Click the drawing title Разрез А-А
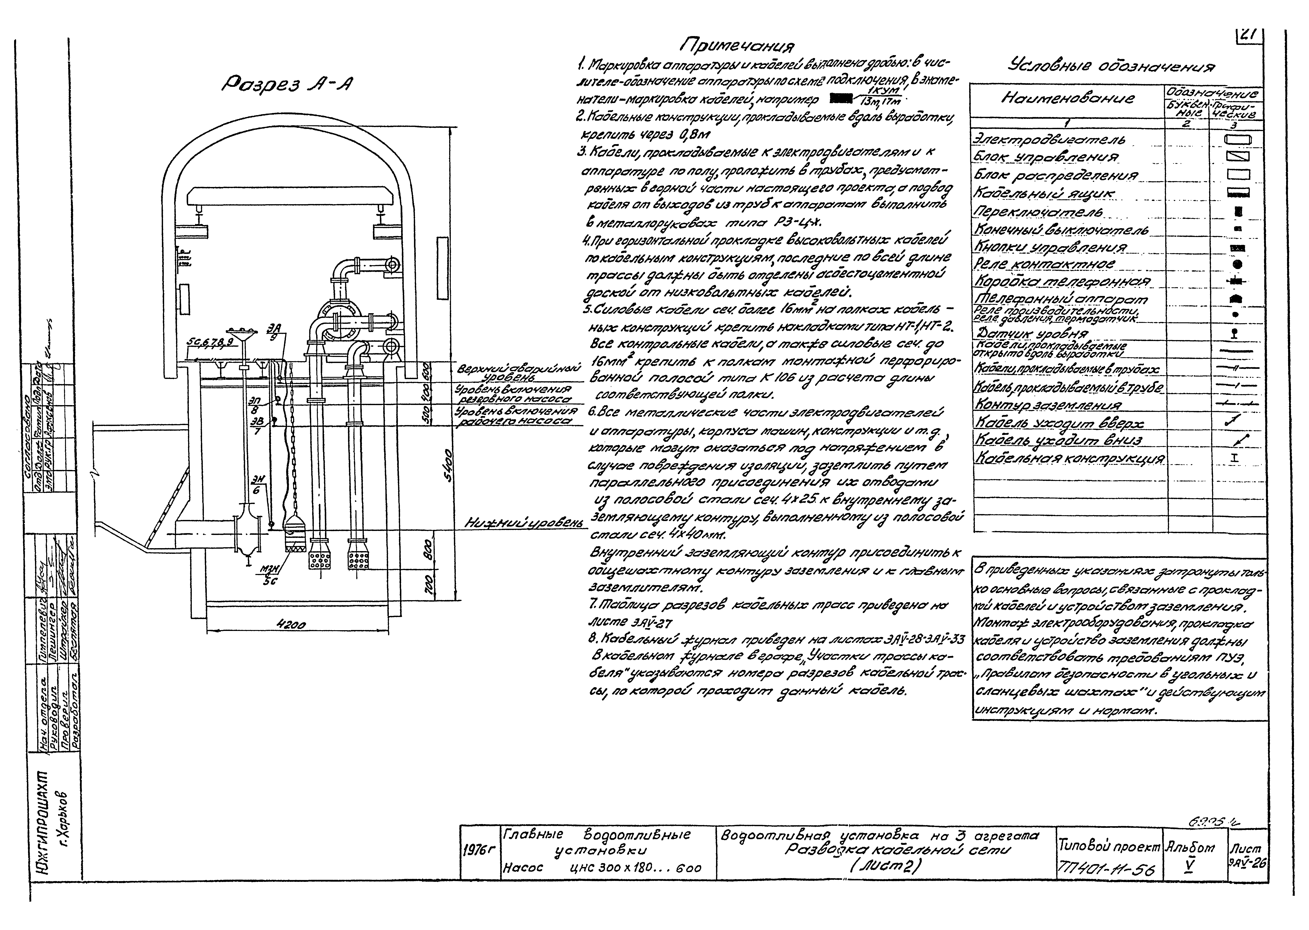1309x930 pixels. [x=287, y=85]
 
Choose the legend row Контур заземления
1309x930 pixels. [x=1048, y=405]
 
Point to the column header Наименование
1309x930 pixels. [x=1067, y=99]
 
